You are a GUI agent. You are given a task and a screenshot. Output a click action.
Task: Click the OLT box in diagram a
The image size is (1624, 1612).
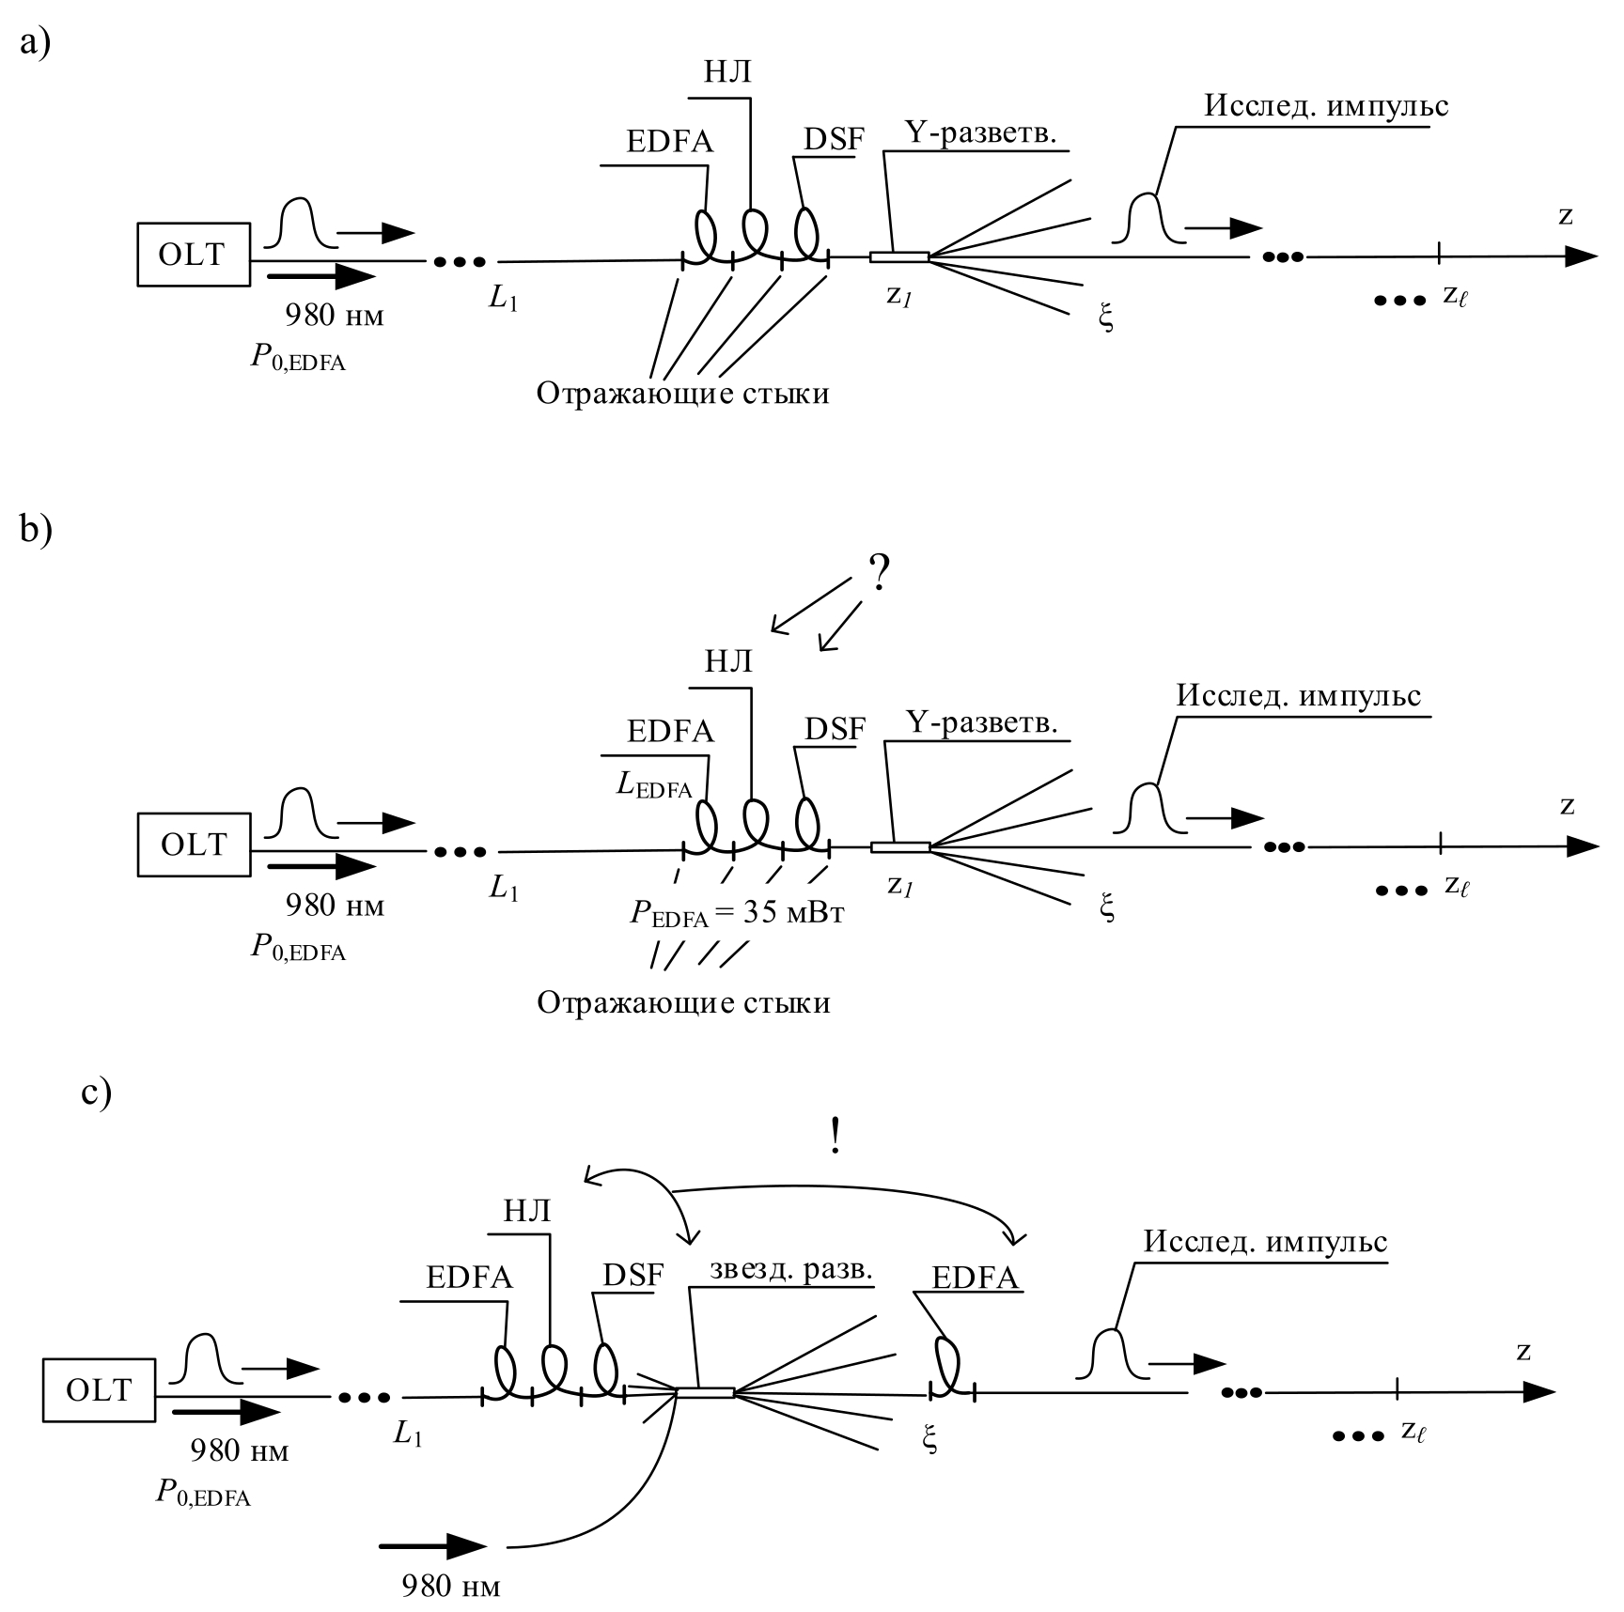coord(194,255)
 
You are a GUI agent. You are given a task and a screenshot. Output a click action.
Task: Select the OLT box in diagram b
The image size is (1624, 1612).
coord(195,845)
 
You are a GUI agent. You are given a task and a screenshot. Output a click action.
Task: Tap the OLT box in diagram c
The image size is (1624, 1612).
coord(100,1389)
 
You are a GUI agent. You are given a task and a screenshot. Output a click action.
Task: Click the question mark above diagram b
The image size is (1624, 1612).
coord(878,572)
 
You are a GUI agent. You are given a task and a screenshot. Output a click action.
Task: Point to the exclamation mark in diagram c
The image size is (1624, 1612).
coord(835,1137)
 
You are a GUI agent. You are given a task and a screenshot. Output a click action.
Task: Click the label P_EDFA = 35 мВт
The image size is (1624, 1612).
coord(737,913)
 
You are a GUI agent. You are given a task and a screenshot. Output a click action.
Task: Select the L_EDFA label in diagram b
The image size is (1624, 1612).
coord(654,785)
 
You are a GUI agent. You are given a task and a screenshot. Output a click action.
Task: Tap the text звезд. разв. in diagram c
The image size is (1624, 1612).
coord(791,1269)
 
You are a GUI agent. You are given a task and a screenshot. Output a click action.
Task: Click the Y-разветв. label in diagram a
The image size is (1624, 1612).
coord(980,132)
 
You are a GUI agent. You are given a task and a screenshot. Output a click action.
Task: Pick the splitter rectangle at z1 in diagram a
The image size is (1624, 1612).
coord(898,256)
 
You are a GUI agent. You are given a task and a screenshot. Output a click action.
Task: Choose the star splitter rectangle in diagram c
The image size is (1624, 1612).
coord(705,1392)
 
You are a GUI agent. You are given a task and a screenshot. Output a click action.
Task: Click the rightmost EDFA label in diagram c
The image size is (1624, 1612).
coord(975,1278)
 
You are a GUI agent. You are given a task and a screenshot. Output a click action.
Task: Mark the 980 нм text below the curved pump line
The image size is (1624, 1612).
coord(451,1587)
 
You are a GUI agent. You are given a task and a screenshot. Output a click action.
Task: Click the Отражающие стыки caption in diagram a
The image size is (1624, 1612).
coord(683,393)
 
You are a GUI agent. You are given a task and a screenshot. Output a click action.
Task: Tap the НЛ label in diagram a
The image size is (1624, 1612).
coord(728,72)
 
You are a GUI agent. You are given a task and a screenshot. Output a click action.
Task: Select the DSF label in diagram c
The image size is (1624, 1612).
coord(632,1275)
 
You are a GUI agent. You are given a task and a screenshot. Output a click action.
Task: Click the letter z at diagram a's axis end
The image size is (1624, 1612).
coord(1565,216)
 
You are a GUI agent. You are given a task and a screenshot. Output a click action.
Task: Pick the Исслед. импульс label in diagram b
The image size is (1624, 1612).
coord(1298,696)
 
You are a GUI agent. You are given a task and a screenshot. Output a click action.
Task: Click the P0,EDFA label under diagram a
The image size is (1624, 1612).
coord(297,360)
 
